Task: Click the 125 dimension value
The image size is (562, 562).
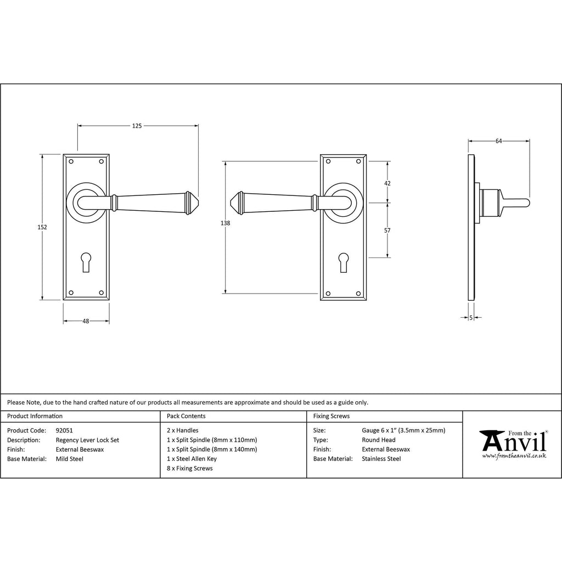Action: (137, 126)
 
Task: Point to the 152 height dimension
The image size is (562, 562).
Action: (42, 227)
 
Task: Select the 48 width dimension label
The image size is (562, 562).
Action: (86, 321)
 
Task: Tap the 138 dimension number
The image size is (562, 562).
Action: (225, 223)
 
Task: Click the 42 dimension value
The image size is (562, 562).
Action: (387, 183)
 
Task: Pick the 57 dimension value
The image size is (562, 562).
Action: (387, 231)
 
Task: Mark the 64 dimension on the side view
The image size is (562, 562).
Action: (498, 141)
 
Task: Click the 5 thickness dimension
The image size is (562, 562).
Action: (471, 317)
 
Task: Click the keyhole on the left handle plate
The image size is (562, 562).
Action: (86, 262)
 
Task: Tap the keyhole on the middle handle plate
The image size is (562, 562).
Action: (343, 262)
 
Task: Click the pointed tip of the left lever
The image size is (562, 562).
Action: (198, 203)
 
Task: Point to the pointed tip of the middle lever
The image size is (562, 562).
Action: (231, 203)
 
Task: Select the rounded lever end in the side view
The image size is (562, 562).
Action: (527, 203)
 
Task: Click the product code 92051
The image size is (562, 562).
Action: (64, 430)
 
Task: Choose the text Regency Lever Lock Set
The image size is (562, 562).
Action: (87, 440)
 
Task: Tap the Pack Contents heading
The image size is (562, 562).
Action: (186, 416)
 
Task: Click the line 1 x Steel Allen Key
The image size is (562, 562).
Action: (192, 459)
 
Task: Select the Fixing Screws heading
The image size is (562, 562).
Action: (331, 416)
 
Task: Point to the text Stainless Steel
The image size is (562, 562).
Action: (381, 459)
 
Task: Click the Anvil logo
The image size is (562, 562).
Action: (513, 444)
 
